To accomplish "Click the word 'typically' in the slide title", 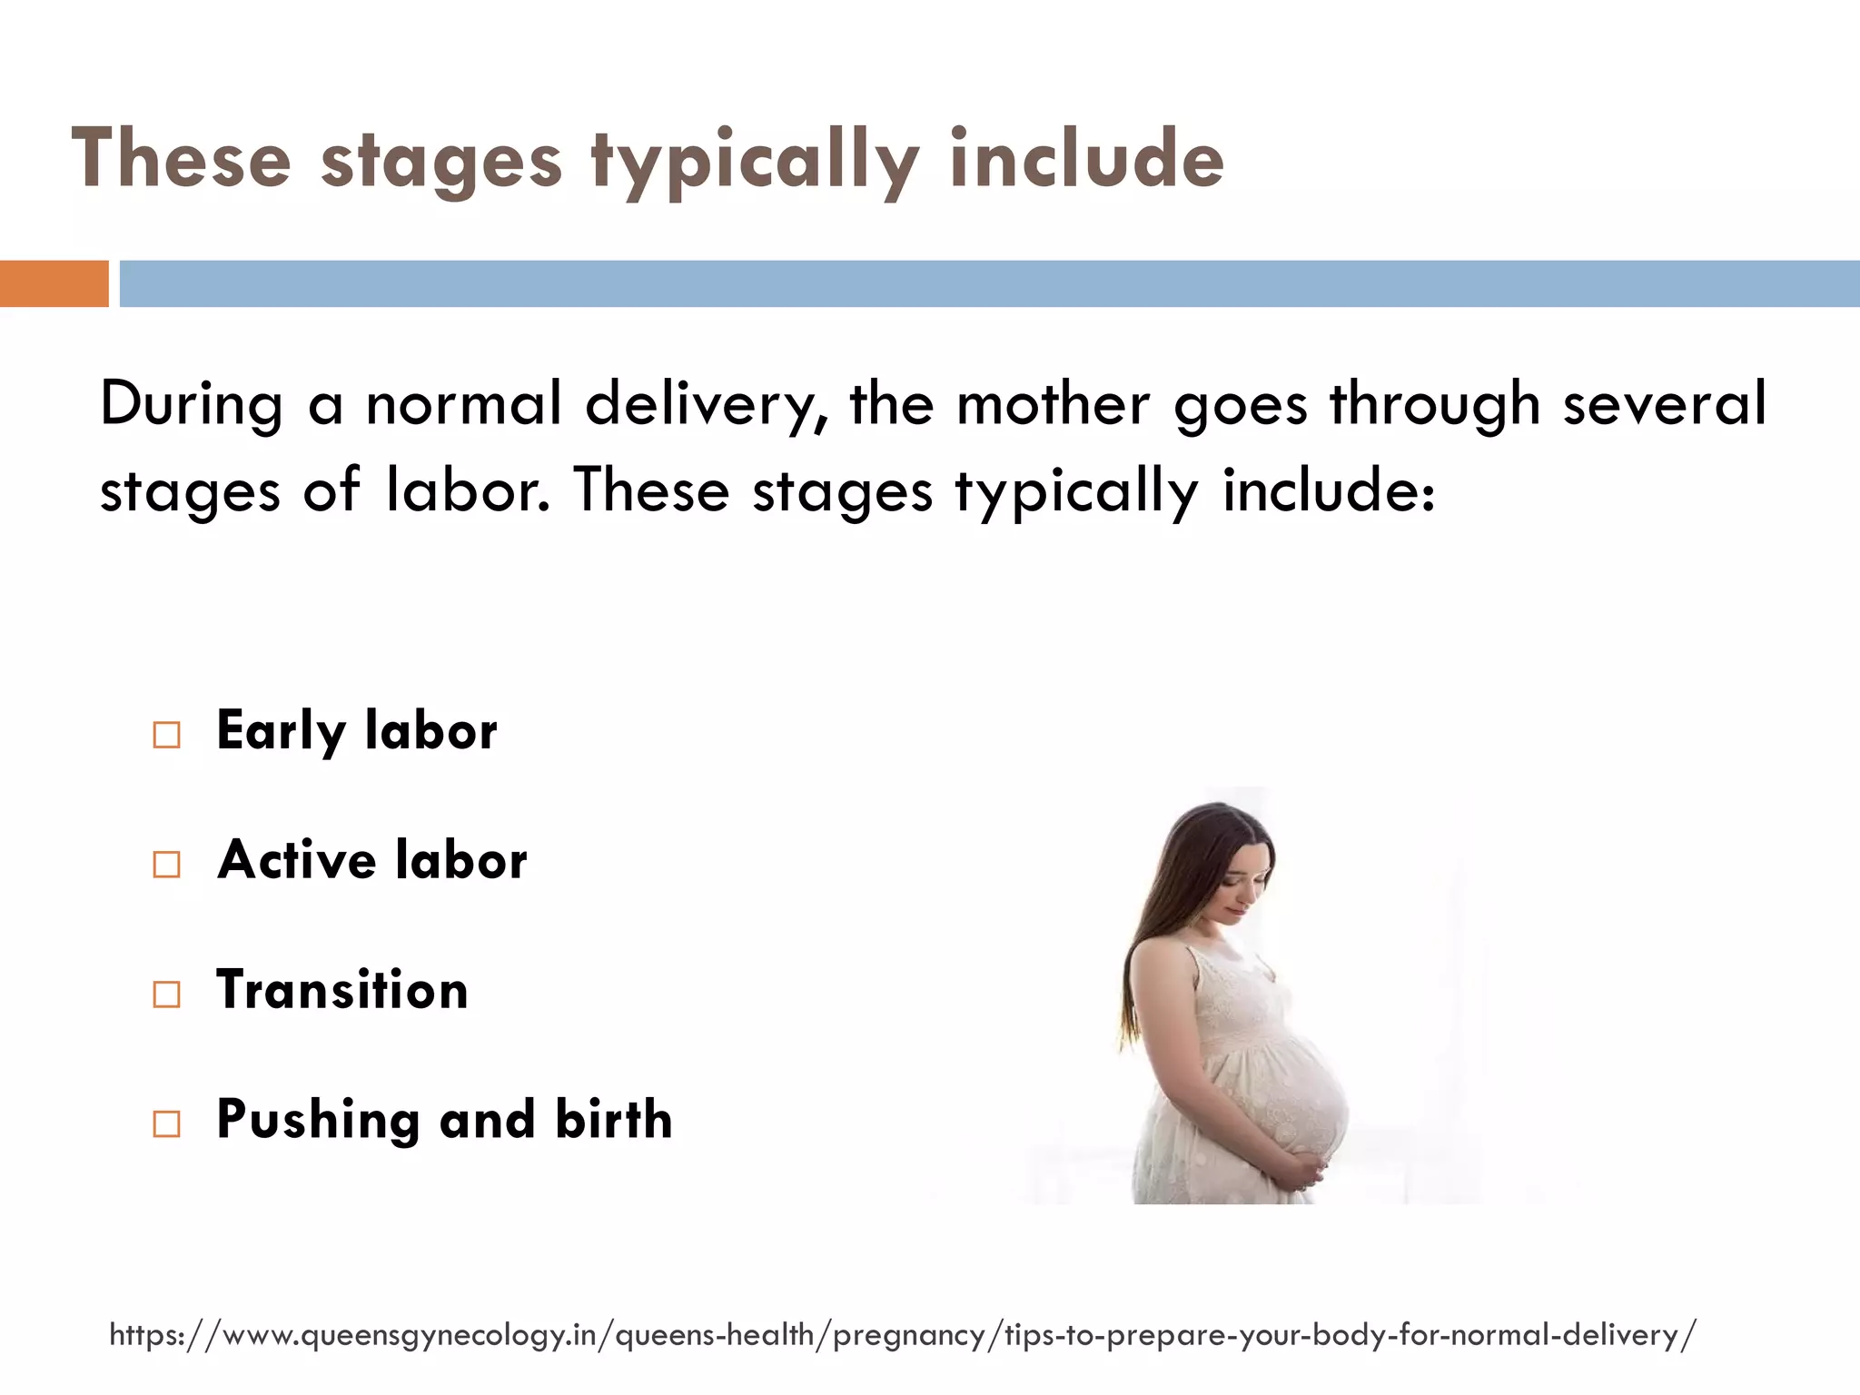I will pos(754,161).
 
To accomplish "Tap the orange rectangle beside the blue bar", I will pos(54,283).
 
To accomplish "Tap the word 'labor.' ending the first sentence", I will pos(468,490).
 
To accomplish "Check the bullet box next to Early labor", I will pos(166,734).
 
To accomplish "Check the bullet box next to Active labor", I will pos(166,864).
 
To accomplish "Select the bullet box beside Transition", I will pos(166,994).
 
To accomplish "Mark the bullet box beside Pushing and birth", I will pos(166,1123).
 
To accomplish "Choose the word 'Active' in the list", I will pos(296,860).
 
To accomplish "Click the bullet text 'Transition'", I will pos(342,990).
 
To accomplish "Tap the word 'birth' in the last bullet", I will pos(614,1119).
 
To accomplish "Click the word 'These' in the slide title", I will pos(182,161).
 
